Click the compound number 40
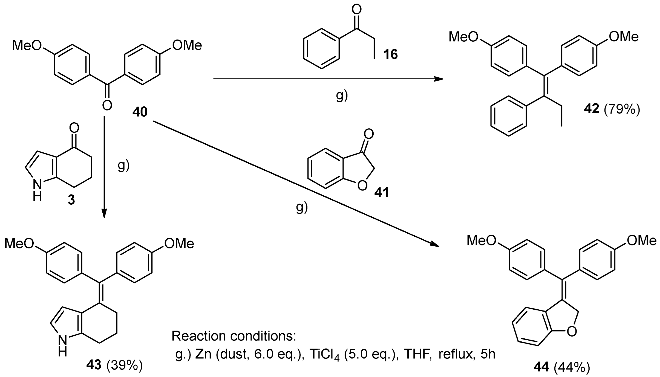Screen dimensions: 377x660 [140, 112]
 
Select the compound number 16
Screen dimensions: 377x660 [390, 54]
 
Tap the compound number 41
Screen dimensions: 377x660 [382, 193]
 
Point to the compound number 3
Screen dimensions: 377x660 [71, 200]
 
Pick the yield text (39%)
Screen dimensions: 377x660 [125, 365]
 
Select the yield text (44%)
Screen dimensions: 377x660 [572, 367]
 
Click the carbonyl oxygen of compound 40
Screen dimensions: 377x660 [107, 105]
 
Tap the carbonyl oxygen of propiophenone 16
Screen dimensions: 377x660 [356, 10]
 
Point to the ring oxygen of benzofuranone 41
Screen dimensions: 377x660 [362, 186]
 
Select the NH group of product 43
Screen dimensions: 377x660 [62, 346]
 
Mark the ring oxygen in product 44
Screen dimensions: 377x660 [572, 332]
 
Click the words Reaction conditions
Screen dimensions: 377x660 [234, 336]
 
